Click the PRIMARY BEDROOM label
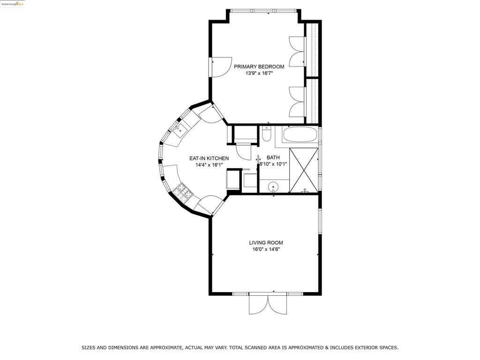pyautogui.click(x=259, y=67)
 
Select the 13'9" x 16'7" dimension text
pyautogui.click(x=259, y=74)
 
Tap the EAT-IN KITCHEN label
pyautogui.click(x=209, y=158)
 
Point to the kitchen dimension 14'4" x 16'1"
pyautogui.click(x=209, y=165)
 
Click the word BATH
pyautogui.click(x=273, y=157)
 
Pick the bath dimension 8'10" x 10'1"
pyautogui.click(x=273, y=164)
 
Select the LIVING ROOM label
pyautogui.click(x=266, y=243)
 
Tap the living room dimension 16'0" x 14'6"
pyautogui.click(x=266, y=249)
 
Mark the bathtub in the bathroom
pyautogui.click(x=300, y=135)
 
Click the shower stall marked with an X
pyautogui.click(x=304, y=170)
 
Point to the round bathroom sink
pyautogui.click(x=273, y=187)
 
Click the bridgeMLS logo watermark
pyautogui.click(x=13, y=4)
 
